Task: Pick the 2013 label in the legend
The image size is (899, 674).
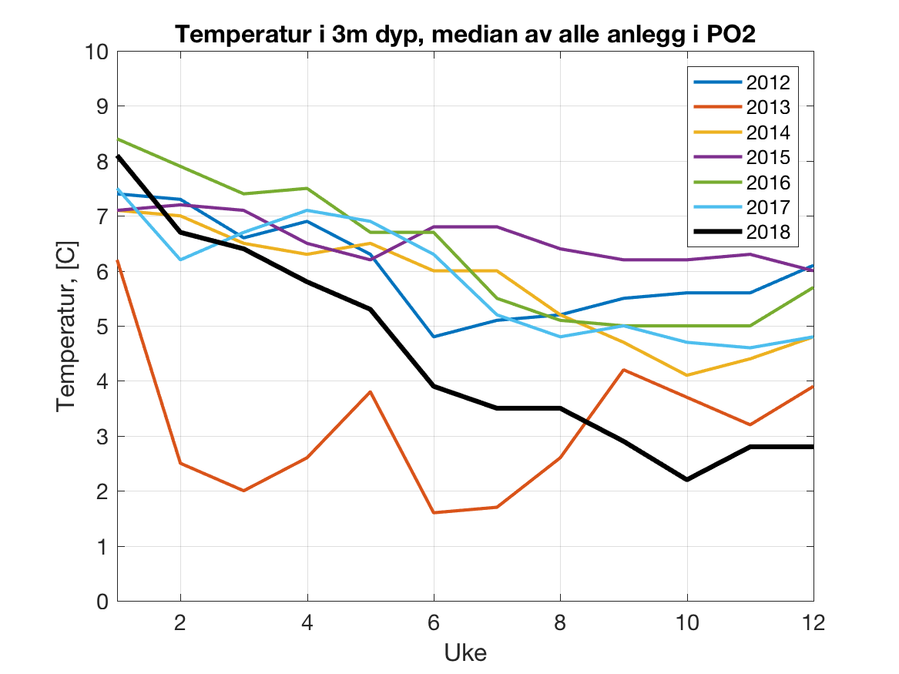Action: (767, 108)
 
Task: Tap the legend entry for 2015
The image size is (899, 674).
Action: (767, 158)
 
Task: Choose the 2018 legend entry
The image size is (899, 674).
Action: (767, 233)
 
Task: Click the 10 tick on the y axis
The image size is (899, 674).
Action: (98, 52)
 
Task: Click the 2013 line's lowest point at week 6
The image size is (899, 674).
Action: (434, 512)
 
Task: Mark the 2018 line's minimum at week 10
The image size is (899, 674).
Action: (687, 480)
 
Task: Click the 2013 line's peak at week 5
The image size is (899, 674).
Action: (371, 392)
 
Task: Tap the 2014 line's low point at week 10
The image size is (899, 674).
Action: (687, 375)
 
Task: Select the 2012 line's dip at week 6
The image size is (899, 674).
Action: (434, 337)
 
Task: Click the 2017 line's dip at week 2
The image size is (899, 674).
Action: (180, 260)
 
